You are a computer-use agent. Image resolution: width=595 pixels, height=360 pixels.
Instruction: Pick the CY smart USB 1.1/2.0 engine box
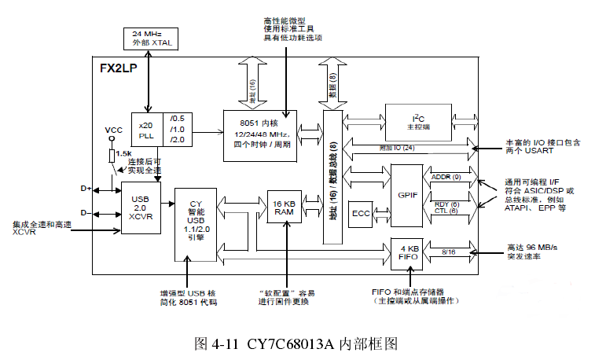click(196, 223)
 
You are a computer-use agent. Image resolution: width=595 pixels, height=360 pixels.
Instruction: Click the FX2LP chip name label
click(117, 68)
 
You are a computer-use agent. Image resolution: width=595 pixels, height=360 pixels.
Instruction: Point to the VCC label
click(113, 130)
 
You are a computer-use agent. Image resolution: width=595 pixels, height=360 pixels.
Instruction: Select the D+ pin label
click(86, 189)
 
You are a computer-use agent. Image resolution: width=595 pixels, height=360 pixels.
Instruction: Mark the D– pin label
click(86, 212)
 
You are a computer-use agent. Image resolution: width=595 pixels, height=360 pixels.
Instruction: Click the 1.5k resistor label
click(123, 153)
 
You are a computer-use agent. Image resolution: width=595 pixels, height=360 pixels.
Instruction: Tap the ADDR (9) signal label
click(446, 177)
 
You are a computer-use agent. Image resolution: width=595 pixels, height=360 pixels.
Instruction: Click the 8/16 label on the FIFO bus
click(448, 252)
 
